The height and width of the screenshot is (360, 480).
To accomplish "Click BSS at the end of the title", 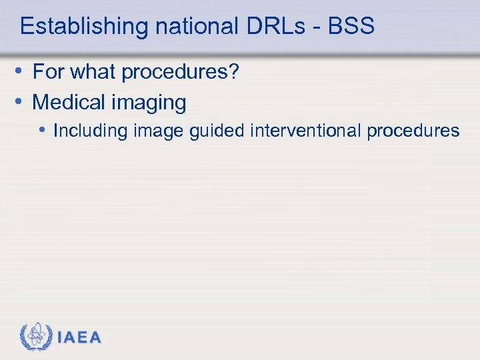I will click(x=351, y=27).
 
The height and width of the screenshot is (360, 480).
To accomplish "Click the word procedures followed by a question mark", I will click(x=179, y=73).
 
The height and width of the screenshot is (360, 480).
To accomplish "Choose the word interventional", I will click(x=305, y=130).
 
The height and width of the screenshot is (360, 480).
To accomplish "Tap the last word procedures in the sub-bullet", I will click(x=413, y=131).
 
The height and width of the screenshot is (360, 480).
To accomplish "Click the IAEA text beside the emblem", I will click(x=79, y=338).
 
